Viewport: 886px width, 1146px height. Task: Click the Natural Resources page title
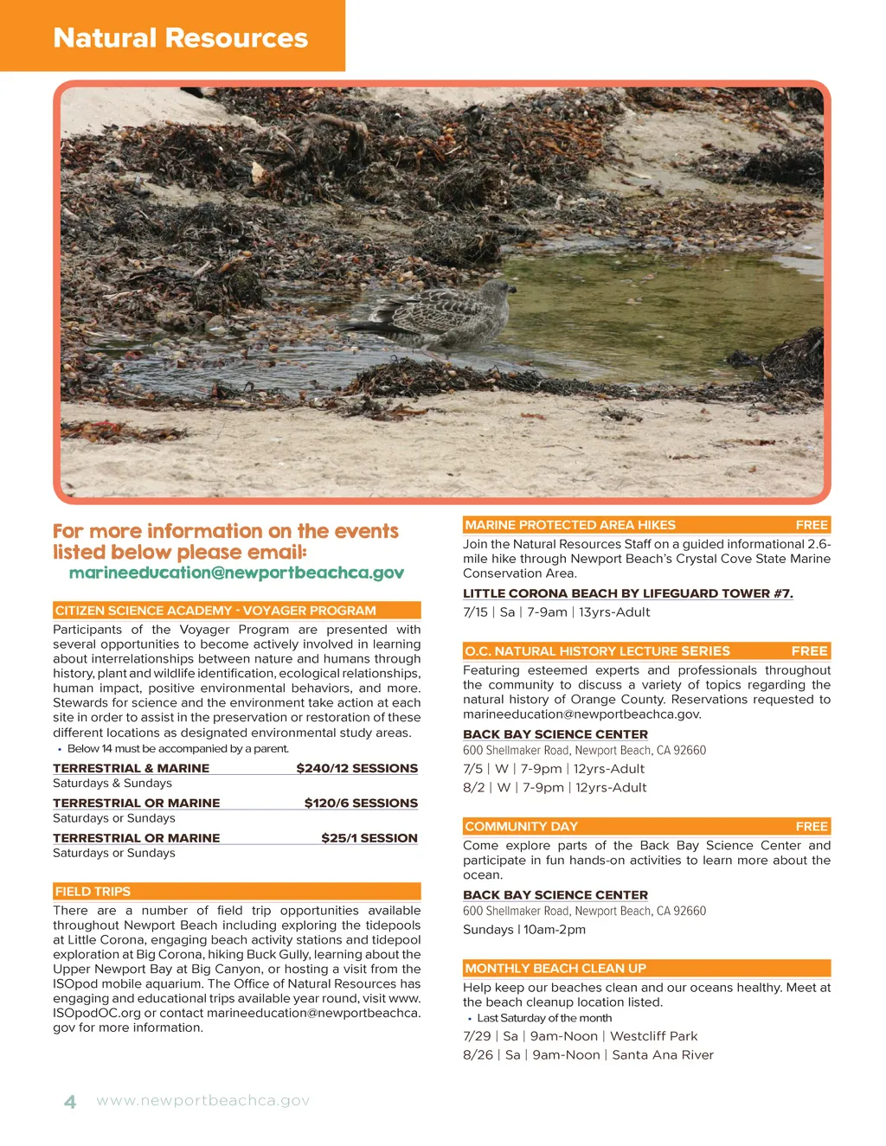180,38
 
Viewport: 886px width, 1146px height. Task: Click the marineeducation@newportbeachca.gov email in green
236,573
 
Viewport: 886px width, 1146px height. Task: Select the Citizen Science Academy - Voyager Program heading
215,611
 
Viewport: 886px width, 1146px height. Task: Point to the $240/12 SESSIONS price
356,768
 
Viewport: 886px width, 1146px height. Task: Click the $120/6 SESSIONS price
361,803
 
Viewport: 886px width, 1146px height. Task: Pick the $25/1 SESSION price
369,837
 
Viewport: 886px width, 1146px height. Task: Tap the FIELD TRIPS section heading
93,891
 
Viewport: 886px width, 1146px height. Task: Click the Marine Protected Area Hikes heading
570,525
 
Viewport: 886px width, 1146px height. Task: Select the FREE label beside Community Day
812,826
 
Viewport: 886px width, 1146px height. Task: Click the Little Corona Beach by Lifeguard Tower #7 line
627,593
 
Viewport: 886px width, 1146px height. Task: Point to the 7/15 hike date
476,612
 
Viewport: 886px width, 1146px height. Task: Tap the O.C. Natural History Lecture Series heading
597,651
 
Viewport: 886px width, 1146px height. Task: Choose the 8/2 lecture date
474,788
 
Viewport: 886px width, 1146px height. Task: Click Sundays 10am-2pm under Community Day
524,930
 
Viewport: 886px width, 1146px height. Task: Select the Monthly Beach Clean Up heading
555,969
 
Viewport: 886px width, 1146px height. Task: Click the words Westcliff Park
653,1036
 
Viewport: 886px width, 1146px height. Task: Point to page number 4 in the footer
70,1102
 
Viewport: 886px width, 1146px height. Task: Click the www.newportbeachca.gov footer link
203,1101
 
